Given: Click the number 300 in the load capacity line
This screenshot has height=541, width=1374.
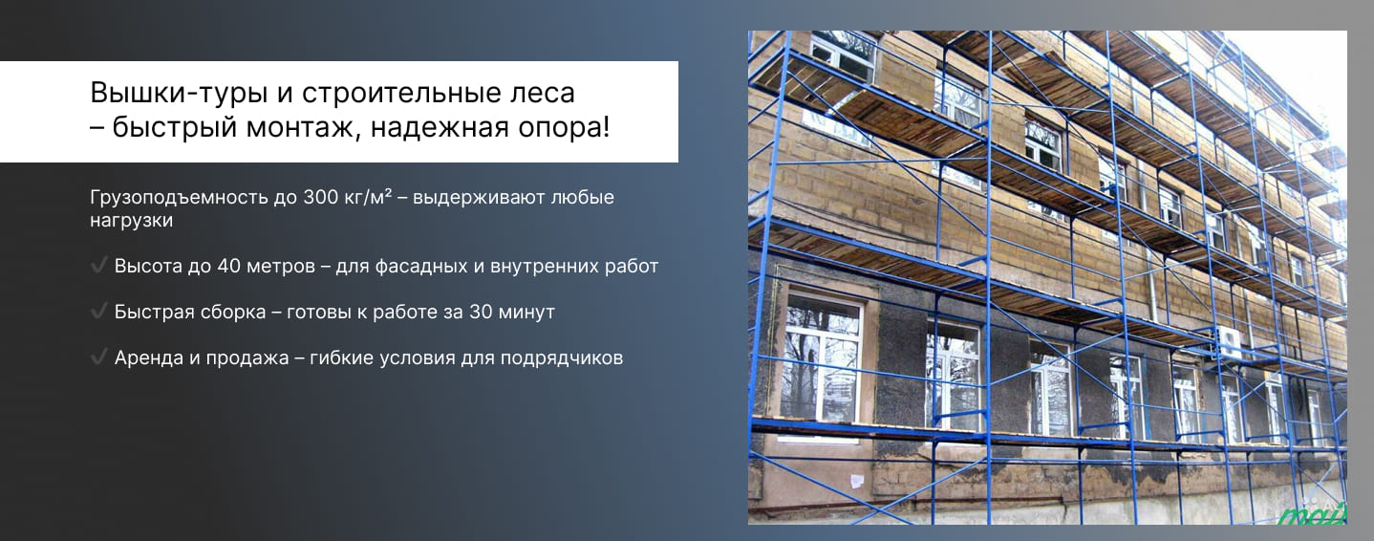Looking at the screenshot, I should (321, 198).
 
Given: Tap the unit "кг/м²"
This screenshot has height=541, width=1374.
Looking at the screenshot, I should (371, 198).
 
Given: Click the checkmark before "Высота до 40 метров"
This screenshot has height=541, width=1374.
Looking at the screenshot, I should (97, 266).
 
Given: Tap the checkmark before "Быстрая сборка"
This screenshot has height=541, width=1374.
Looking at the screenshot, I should (97, 312).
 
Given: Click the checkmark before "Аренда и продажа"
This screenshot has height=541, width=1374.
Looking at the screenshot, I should (97, 357).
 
